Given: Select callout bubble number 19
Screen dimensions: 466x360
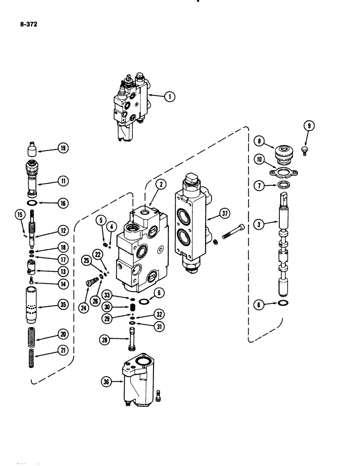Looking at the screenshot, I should (x=62, y=149).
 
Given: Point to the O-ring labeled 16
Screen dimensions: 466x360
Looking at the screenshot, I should (x=31, y=203).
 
